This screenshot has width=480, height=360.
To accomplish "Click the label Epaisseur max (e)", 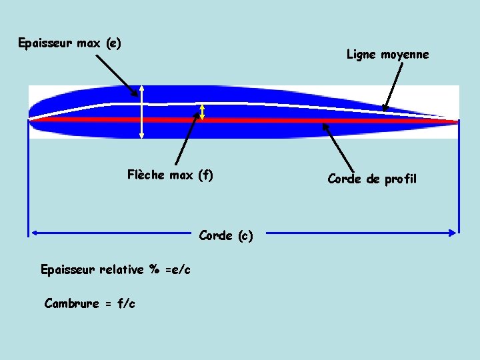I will click(69, 44).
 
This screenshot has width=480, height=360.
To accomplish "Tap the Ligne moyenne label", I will click(387, 55).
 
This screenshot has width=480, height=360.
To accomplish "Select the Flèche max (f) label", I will click(170, 175).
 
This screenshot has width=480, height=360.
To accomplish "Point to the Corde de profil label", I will click(372, 179).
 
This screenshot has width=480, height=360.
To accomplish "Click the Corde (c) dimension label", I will click(226, 235).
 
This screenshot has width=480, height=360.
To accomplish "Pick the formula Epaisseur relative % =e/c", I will click(115, 270).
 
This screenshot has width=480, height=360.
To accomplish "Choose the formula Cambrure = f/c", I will click(89, 304).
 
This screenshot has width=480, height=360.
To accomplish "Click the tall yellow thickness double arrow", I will click(141, 113).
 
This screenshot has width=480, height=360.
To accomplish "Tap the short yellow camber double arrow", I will click(203, 112).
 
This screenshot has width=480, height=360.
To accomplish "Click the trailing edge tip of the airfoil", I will click(457, 121).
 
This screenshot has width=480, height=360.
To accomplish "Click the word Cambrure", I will click(70, 304).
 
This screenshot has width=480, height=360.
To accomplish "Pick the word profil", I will click(401, 179).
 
